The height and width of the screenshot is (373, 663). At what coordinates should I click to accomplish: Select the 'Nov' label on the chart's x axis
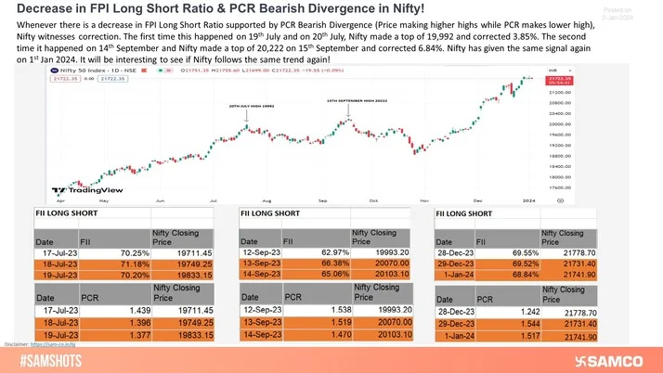[423, 199]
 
